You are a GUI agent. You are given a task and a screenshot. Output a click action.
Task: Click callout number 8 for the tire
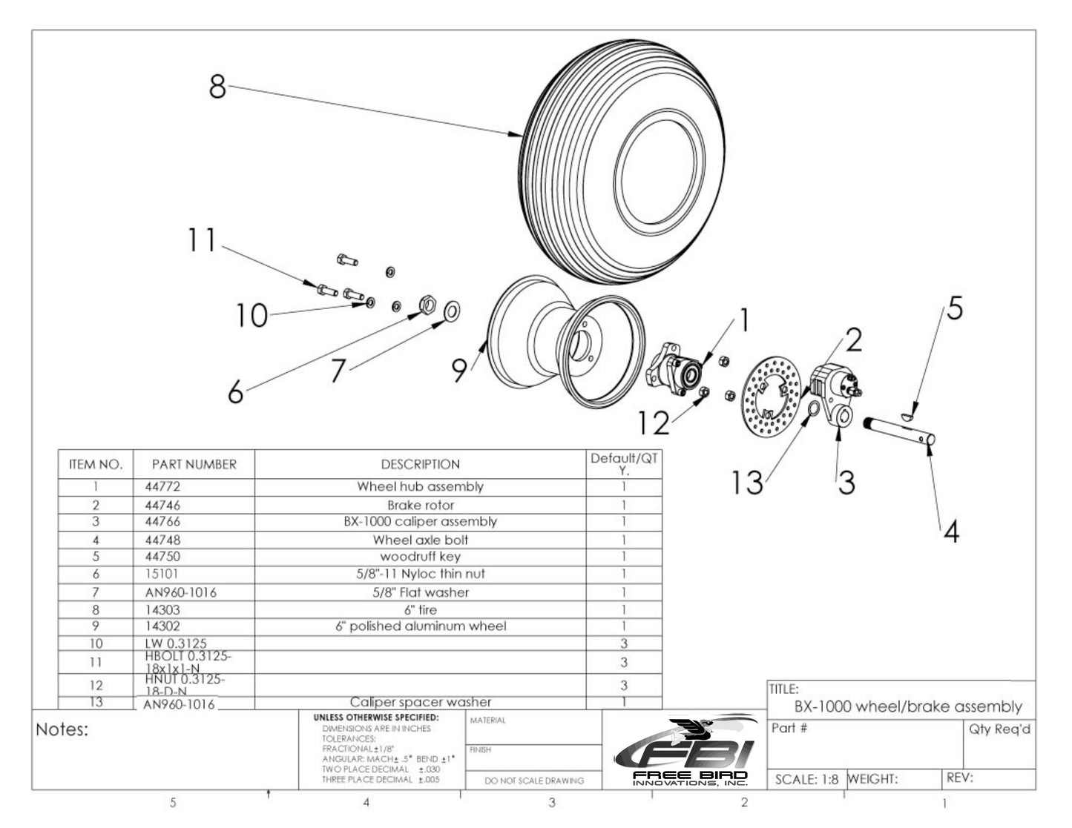tap(217, 86)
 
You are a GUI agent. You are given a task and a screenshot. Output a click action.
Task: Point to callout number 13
tap(746, 483)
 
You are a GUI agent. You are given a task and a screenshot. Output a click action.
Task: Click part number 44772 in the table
tap(162, 487)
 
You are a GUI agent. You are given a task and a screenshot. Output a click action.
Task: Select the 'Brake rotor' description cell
tap(420, 505)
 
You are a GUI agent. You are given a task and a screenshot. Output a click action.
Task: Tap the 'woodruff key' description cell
tap(420, 556)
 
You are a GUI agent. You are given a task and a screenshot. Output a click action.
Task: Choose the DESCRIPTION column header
tap(420, 465)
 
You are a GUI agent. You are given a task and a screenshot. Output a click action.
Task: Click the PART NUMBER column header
tap(194, 465)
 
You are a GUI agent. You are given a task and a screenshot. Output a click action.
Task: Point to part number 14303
tap(162, 609)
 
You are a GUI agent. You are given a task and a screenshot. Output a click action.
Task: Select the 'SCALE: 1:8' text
tap(806, 779)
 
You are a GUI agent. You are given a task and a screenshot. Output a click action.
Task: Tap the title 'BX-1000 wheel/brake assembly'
tap(908, 706)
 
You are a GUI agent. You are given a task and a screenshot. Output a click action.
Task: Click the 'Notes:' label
tap(62, 730)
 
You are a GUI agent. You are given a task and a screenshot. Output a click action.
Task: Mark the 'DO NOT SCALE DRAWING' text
tap(533, 781)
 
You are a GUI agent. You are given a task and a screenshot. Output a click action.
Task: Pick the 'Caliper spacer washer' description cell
tap(420, 701)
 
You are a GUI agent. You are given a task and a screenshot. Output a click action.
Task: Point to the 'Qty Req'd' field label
tap(999, 729)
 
